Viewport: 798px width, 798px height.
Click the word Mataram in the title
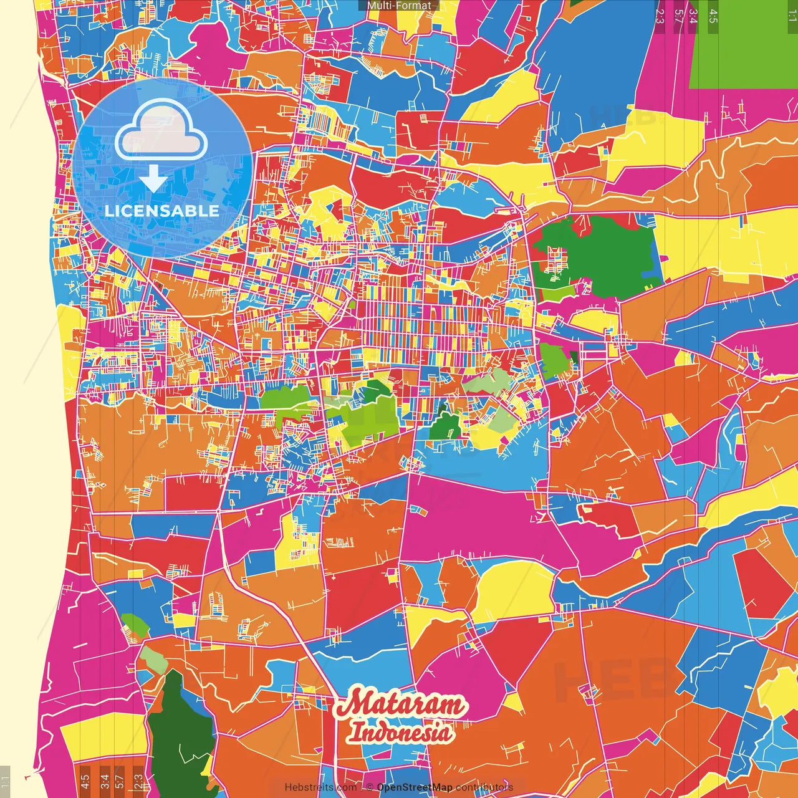(401, 704)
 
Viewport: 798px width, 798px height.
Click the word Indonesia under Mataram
(400, 732)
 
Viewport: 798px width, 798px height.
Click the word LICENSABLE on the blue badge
(161, 211)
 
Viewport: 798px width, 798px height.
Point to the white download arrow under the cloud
(153, 179)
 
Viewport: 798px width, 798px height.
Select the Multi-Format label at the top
(399, 6)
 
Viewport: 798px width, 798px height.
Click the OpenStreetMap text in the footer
(414, 787)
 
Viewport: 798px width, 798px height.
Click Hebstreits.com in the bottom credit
(320, 787)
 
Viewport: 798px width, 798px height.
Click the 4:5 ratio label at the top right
(713, 16)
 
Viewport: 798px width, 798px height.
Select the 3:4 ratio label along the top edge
(693, 16)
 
